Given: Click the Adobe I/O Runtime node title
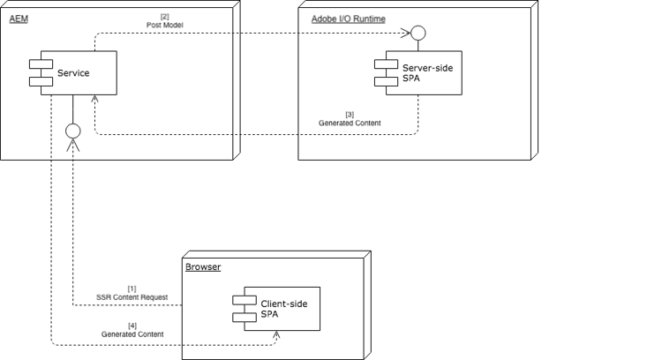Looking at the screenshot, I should (348, 19).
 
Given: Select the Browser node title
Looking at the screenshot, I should (203, 266).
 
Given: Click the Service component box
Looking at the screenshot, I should (63, 73).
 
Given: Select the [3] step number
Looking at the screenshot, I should (350, 114).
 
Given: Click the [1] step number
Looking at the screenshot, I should (132, 288).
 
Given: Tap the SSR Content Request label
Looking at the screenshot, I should (132, 297).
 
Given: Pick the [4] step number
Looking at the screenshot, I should (132, 325).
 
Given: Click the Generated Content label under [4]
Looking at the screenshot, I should (132, 334).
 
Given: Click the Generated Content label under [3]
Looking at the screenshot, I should (350, 124).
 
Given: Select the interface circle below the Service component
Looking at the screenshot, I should (73, 131).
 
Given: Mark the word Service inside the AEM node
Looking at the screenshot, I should (72, 73).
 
